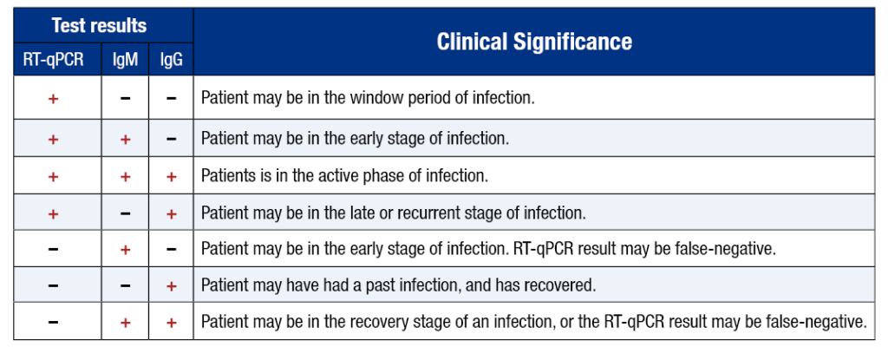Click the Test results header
(99, 25)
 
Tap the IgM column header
(125, 60)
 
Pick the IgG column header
(171, 60)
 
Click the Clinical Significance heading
(534, 42)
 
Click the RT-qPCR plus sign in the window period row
(53, 99)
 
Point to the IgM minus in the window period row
(126, 99)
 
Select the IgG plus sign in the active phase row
(171, 176)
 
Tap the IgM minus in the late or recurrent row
(126, 213)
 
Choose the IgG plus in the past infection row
(171, 286)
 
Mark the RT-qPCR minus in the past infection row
(53, 286)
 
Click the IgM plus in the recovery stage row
(126, 323)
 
